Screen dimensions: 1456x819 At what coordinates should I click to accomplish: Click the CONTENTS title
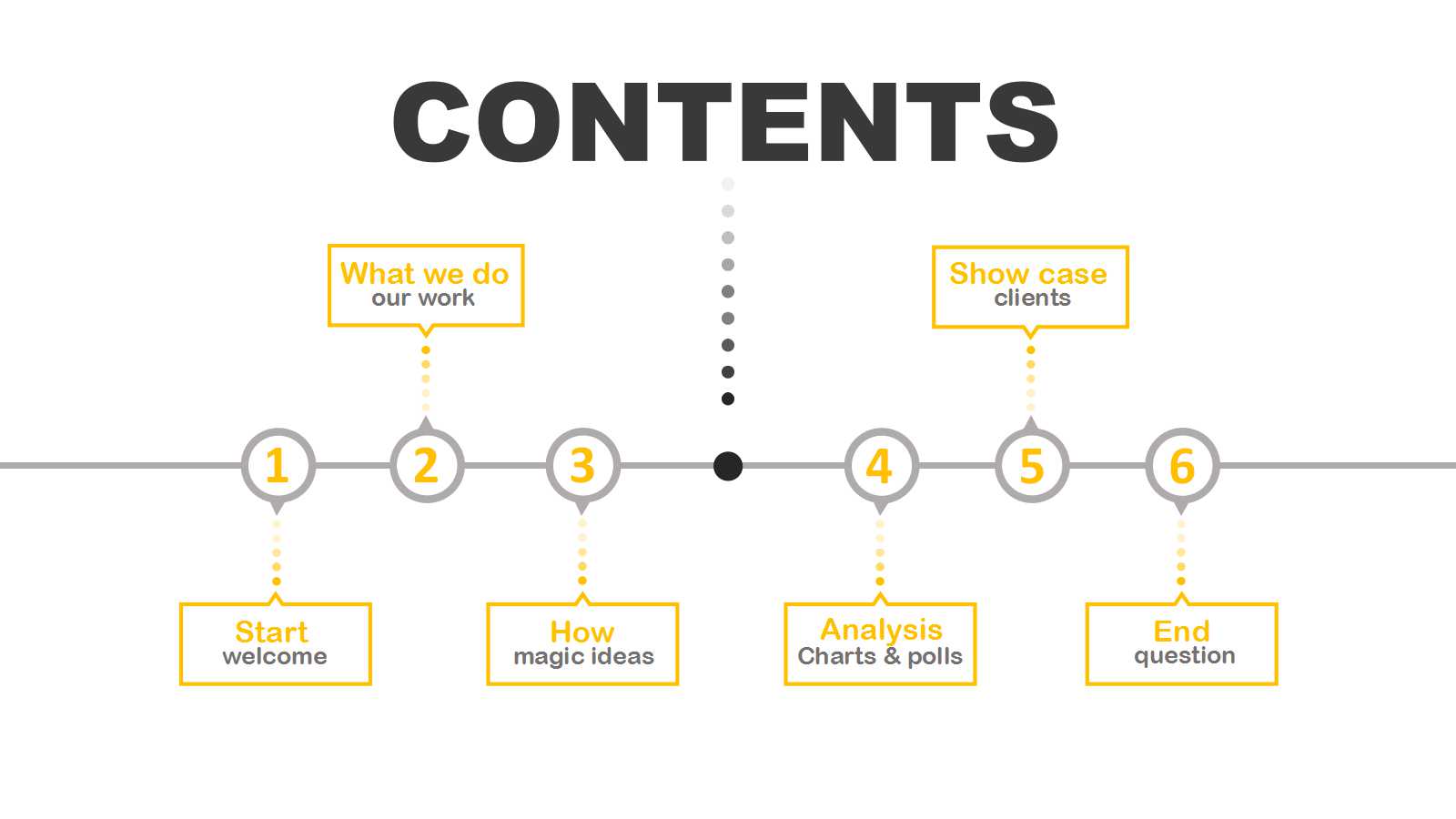725,122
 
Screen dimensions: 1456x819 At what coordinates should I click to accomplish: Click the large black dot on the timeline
728,466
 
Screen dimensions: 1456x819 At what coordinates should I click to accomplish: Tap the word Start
272,632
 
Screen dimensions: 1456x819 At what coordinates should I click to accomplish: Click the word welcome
275,656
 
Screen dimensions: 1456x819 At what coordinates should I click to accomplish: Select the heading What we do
424,274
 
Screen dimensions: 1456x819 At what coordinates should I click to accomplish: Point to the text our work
423,298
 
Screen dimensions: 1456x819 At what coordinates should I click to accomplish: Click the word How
582,632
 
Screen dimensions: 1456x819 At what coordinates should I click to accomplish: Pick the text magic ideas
583,657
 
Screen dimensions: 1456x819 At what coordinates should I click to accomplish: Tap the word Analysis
882,631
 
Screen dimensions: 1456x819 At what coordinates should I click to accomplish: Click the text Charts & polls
880,656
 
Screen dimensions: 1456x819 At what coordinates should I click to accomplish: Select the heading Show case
1028,274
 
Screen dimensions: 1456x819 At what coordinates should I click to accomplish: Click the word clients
1032,298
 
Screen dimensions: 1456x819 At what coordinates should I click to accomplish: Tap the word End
1182,632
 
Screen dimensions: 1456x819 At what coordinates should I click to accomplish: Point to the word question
1185,656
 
